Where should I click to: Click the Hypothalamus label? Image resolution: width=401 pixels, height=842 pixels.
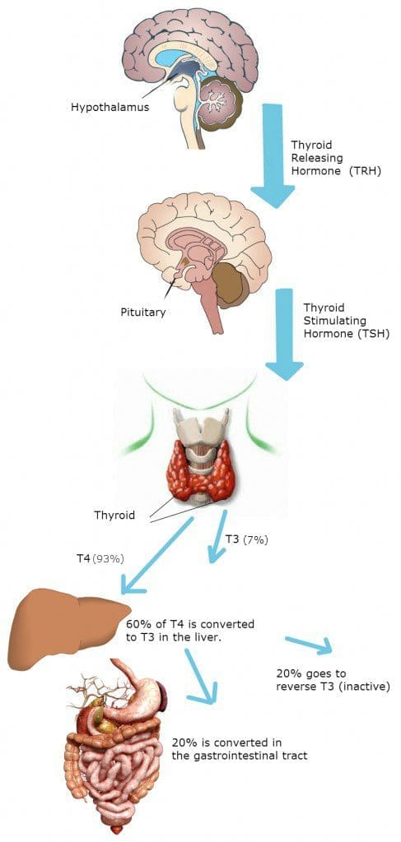click(110, 108)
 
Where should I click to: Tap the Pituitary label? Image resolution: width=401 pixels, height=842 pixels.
click(143, 311)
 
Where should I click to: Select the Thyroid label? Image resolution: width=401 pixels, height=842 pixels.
click(114, 516)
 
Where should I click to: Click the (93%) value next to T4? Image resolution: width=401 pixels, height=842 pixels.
click(109, 558)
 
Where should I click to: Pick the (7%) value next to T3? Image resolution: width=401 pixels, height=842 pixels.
click(254, 540)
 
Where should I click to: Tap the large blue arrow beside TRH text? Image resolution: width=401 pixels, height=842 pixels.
click(273, 155)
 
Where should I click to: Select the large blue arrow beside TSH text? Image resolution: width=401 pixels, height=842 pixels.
click(284, 334)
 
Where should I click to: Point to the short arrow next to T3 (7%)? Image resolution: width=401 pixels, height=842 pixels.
click(217, 536)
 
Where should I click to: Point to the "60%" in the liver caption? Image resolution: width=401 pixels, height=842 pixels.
click(137, 625)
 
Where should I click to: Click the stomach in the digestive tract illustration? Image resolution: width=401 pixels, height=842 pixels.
click(134, 701)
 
